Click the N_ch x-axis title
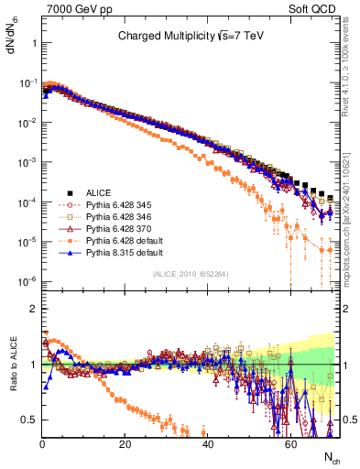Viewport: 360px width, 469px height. point(330,455)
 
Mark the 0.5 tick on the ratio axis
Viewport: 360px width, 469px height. point(31,420)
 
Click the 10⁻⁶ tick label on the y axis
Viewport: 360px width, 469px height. point(27,281)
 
